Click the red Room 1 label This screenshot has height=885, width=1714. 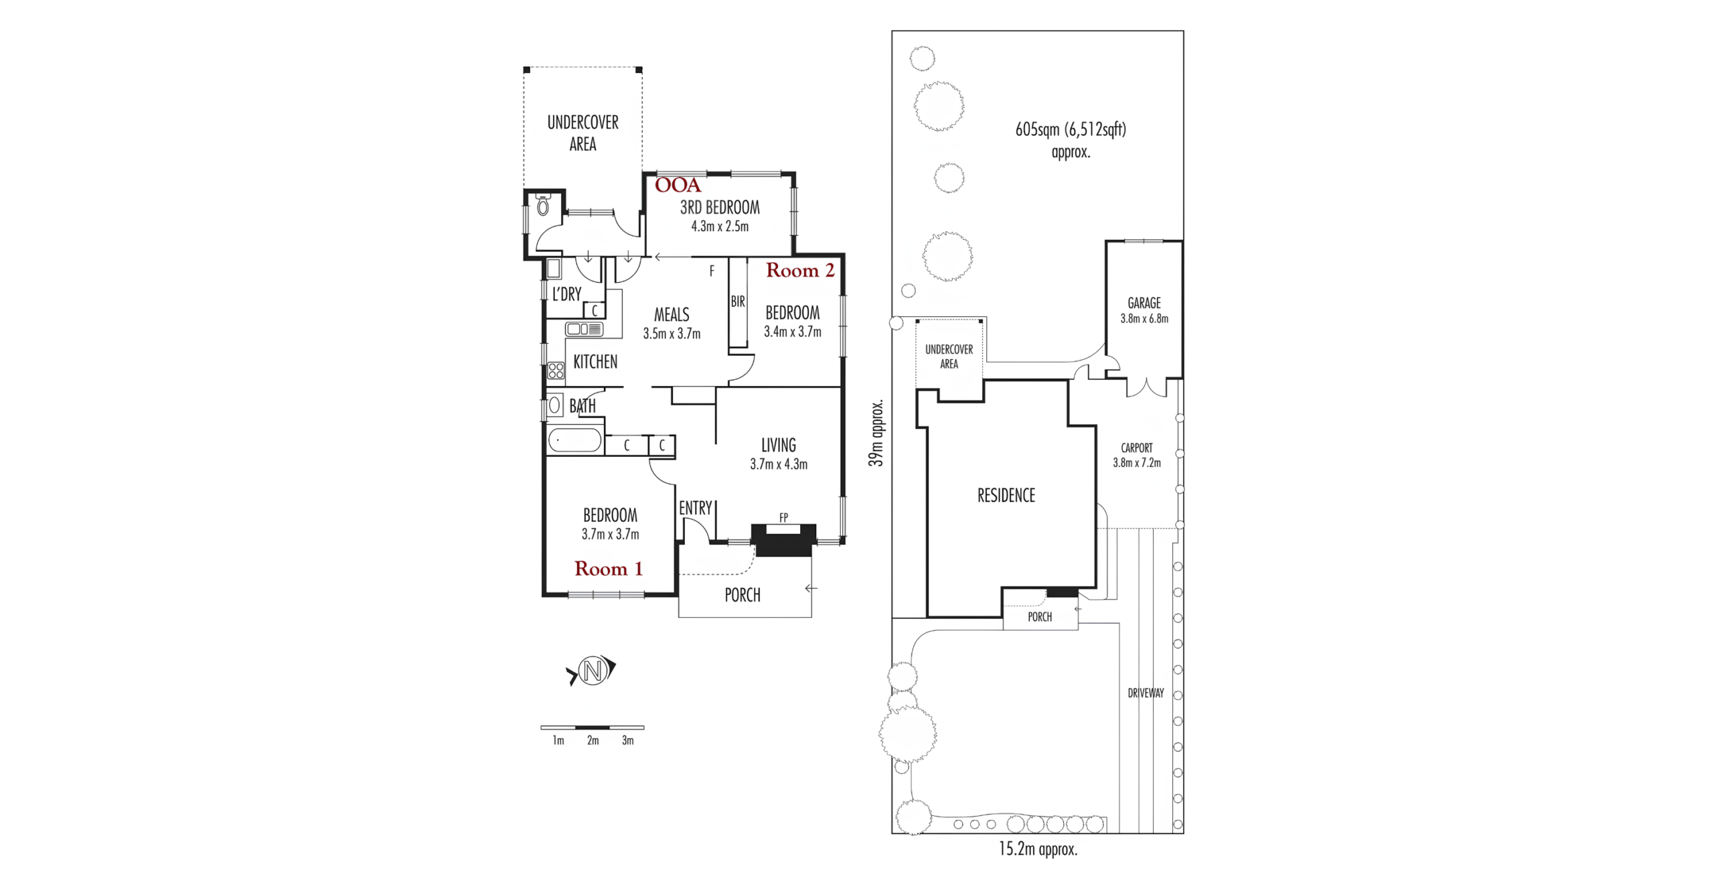(608, 569)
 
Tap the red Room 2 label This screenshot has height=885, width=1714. (800, 270)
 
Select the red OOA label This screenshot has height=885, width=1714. (678, 185)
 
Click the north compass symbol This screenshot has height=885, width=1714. (592, 670)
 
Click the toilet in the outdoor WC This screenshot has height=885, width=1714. (543, 204)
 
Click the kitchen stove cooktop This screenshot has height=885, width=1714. (556, 370)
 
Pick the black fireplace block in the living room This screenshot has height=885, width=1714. (783, 540)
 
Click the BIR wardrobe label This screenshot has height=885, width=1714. (738, 301)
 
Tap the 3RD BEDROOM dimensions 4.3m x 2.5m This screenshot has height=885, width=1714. (720, 226)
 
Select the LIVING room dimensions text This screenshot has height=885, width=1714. (779, 464)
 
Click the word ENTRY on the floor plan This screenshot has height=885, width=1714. (696, 508)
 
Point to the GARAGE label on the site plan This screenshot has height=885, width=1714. (1144, 303)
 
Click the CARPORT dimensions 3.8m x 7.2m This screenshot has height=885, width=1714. (1137, 462)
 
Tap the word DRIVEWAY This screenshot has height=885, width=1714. (1146, 693)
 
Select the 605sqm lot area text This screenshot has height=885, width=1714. (1071, 129)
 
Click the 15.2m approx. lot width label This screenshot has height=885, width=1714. (1038, 849)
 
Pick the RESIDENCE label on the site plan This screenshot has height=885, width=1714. (1006, 495)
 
